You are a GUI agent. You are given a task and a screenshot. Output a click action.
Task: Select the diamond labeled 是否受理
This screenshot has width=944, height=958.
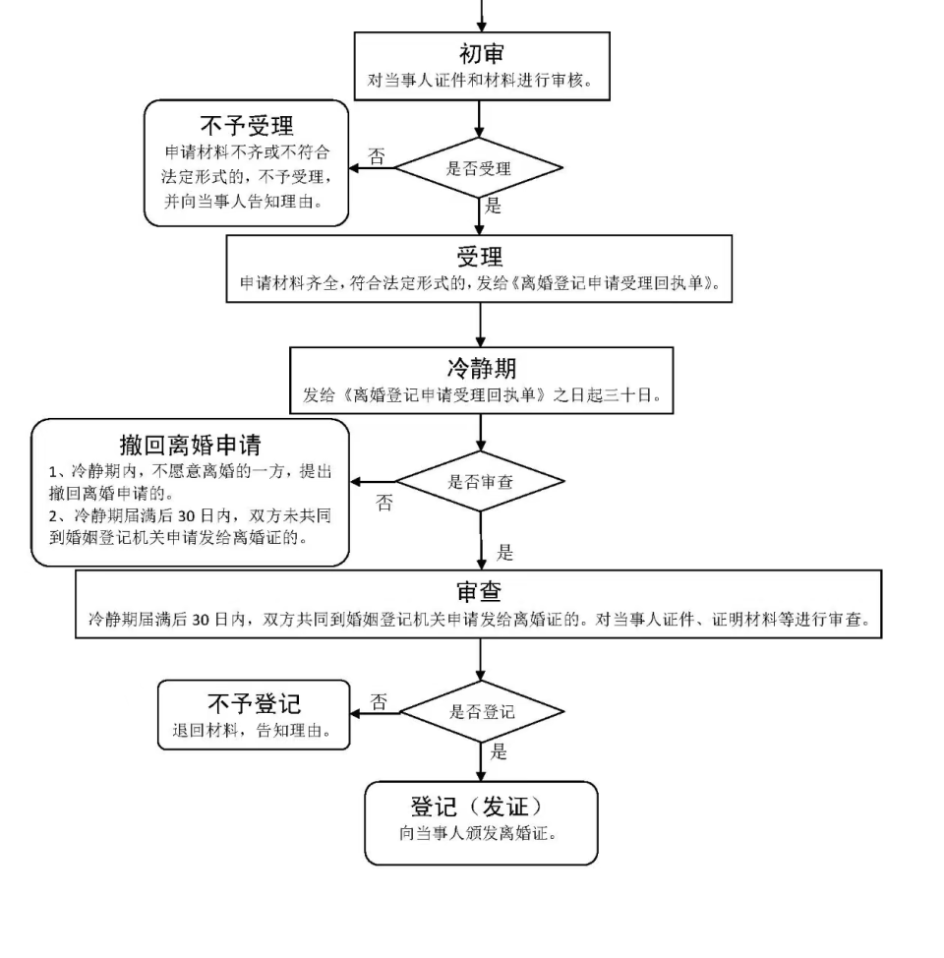click(479, 168)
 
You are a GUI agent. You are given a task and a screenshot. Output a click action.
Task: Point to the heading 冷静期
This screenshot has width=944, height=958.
click(480, 370)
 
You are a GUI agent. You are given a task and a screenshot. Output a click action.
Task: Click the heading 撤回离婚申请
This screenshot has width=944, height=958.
click(190, 445)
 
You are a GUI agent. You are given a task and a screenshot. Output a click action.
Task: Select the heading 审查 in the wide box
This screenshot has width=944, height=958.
click(480, 593)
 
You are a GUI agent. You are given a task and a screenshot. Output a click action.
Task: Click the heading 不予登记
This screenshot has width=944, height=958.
click(254, 703)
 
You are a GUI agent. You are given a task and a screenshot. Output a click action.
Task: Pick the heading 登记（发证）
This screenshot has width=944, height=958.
click(481, 807)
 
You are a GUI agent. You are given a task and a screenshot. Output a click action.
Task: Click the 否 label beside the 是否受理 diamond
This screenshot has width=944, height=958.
click(376, 155)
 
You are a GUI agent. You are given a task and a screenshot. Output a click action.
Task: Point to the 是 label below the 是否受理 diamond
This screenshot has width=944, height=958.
click(494, 206)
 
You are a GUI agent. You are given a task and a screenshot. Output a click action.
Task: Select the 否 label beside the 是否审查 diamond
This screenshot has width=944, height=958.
click(384, 503)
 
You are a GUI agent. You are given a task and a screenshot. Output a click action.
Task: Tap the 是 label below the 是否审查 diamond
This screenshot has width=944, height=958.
click(504, 553)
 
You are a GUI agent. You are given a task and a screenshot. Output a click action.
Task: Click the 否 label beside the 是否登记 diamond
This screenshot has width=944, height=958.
click(379, 700)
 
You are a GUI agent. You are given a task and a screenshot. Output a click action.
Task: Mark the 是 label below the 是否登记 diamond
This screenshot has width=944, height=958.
click(499, 752)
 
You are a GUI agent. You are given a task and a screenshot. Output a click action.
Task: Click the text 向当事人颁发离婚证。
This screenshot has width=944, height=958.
click(481, 835)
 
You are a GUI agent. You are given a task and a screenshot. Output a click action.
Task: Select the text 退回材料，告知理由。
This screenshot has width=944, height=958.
click(254, 731)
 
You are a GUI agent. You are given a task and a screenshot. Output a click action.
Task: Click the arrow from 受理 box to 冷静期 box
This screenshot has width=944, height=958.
click(480, 324)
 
